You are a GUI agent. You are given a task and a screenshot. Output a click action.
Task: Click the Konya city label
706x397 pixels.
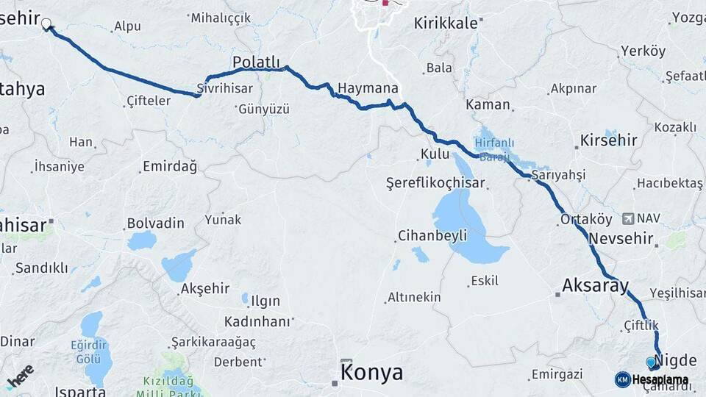[x=372, y=373]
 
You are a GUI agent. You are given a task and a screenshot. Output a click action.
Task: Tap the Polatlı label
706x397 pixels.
[x=257, y=62]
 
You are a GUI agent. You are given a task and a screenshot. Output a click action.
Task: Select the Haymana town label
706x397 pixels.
[x=368, y=88]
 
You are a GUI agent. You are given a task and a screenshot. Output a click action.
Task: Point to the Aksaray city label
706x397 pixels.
[x=596, y=285]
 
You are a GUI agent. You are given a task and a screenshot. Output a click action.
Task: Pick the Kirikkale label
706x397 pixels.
[x=446, y=24]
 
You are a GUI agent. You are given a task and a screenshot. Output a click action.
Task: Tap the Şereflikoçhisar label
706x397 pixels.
[x=436, y=184]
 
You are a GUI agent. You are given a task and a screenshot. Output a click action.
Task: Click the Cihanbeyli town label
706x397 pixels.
[x=432, y=236]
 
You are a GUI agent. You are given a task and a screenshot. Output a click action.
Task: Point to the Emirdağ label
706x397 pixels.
[x=170, y=167]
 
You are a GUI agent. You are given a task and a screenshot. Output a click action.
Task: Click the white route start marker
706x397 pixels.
[x=46, y=24]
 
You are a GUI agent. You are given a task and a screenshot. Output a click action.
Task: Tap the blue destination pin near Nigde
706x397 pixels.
[x=650, y=362]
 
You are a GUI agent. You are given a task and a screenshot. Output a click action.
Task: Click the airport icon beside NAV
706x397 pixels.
[x=627, y=218]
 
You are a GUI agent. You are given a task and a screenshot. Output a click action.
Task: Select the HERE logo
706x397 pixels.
[x=20, y=376]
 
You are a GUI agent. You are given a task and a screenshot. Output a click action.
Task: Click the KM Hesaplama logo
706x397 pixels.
[x=652, y=379]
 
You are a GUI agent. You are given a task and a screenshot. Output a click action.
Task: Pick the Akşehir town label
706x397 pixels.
[x=205, y=289]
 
